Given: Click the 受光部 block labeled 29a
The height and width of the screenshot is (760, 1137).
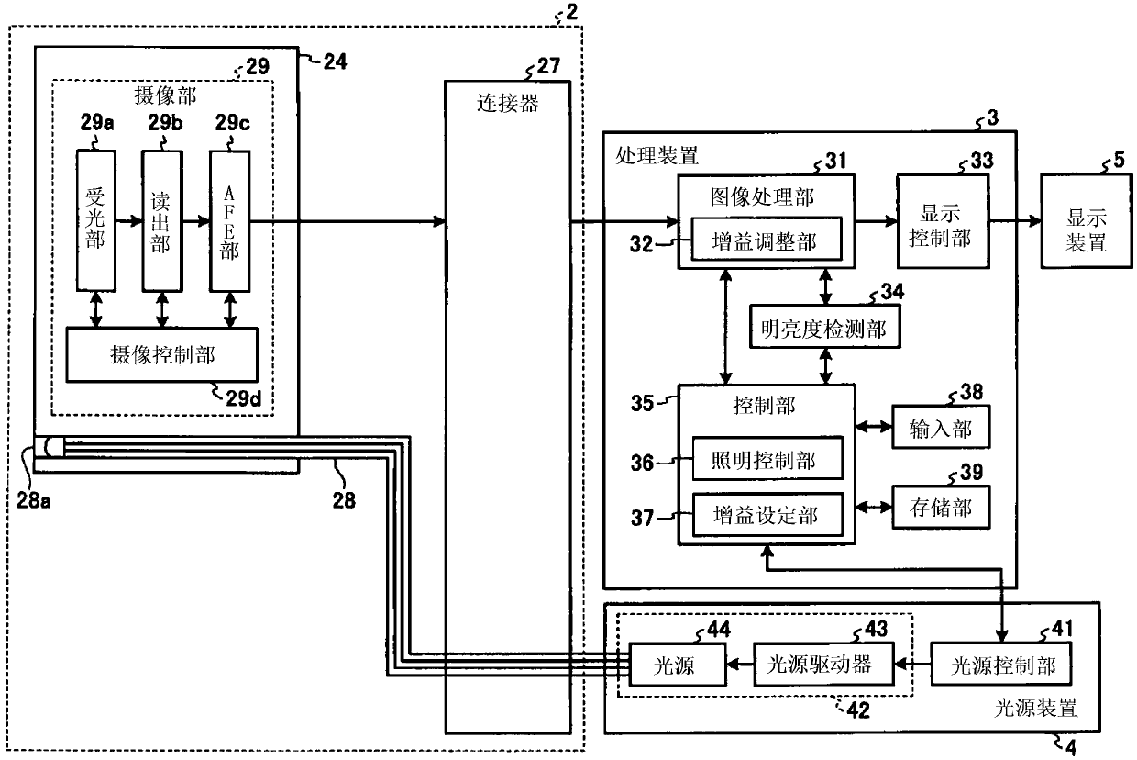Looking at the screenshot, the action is [96, 220].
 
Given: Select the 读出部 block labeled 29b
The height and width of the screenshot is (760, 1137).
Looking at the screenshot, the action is [162, 220].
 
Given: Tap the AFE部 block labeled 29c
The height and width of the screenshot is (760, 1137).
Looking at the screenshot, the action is [229, 220].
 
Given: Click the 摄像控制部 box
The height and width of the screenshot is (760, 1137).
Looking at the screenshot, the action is [162, 354].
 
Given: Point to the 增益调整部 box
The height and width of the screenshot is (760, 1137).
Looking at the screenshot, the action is [766, 239].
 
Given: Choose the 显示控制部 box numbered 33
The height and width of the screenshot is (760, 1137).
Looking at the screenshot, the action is [944, 221].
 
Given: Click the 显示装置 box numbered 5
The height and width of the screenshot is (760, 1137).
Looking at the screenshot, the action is [1087, 221].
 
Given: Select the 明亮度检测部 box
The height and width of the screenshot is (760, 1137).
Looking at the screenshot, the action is [825, 326].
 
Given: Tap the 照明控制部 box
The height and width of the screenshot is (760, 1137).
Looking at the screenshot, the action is [767, 458].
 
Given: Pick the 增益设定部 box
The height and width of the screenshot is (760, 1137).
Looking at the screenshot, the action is [767, 514].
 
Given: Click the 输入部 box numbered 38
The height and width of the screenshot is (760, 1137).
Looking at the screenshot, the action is [941, 427].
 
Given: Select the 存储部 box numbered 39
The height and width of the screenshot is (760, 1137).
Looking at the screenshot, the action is [941, 507].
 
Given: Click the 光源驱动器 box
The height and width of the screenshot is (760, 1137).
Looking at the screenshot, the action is [823, 664].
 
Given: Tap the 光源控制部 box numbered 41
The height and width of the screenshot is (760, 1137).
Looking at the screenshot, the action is [1001, 664].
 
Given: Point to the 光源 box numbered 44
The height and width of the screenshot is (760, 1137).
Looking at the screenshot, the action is [677, 665].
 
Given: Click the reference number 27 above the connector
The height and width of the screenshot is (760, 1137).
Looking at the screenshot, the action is [548, 65].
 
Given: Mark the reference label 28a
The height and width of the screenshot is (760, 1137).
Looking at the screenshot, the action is [34, 500].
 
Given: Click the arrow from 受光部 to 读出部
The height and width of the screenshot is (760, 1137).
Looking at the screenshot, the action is [129, 220].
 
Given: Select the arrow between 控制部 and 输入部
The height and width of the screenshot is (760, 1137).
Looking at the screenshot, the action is [874, 427].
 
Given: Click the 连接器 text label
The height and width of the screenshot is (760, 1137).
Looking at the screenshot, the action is [508, 103].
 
